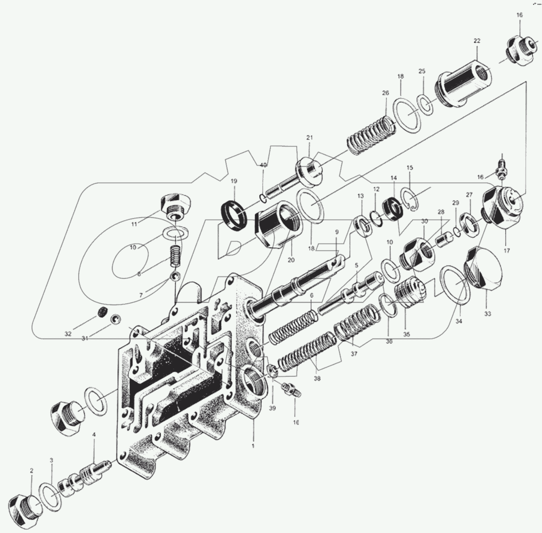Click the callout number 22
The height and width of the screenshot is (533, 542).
coord(477,41)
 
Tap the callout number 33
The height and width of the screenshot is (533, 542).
coord(488,314)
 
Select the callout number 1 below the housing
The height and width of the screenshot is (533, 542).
coord(253,446)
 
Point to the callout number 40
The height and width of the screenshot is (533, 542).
coord(263,165)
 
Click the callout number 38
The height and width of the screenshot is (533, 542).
coord(317,378)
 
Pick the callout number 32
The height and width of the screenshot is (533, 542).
coord(68,334)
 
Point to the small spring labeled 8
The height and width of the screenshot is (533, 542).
coord(174,257)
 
